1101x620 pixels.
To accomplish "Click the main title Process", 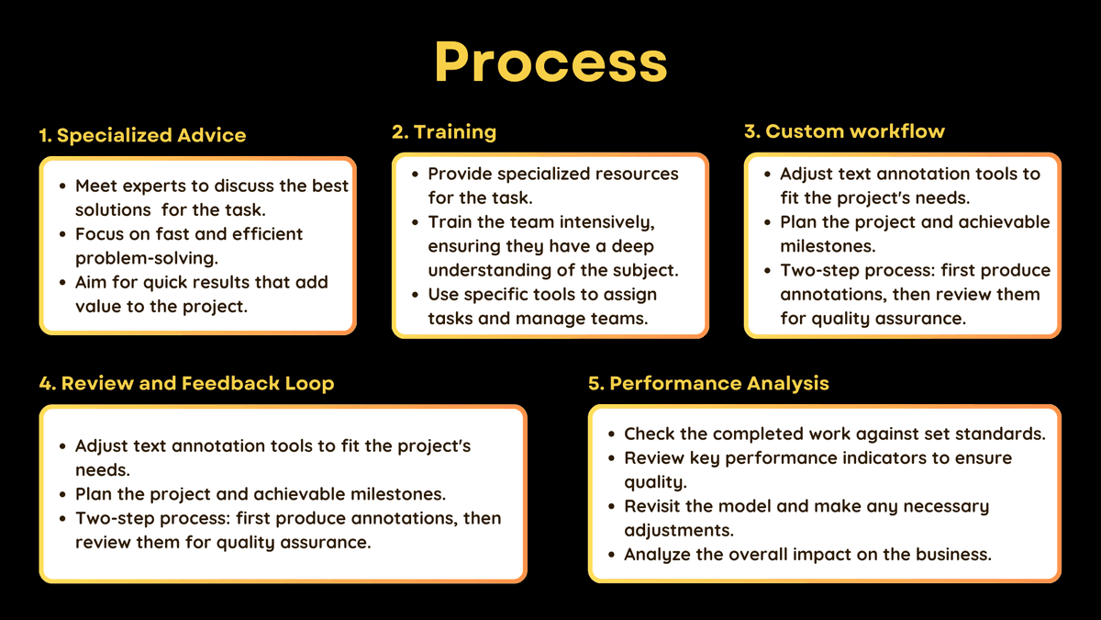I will [550, 62].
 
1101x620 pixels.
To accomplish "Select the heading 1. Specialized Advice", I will [142, 135].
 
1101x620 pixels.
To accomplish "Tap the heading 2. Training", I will [444, 131].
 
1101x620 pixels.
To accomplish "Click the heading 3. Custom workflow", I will [844, 131].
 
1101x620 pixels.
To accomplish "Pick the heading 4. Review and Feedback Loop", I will [186, 383].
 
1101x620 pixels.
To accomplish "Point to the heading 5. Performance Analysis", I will [708, 383].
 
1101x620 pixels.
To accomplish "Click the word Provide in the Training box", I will [462, 174].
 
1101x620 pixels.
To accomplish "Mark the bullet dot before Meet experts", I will [61, 186].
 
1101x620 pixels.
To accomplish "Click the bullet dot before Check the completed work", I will [611, 434].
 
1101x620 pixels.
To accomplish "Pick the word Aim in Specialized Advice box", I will [92, 282].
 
